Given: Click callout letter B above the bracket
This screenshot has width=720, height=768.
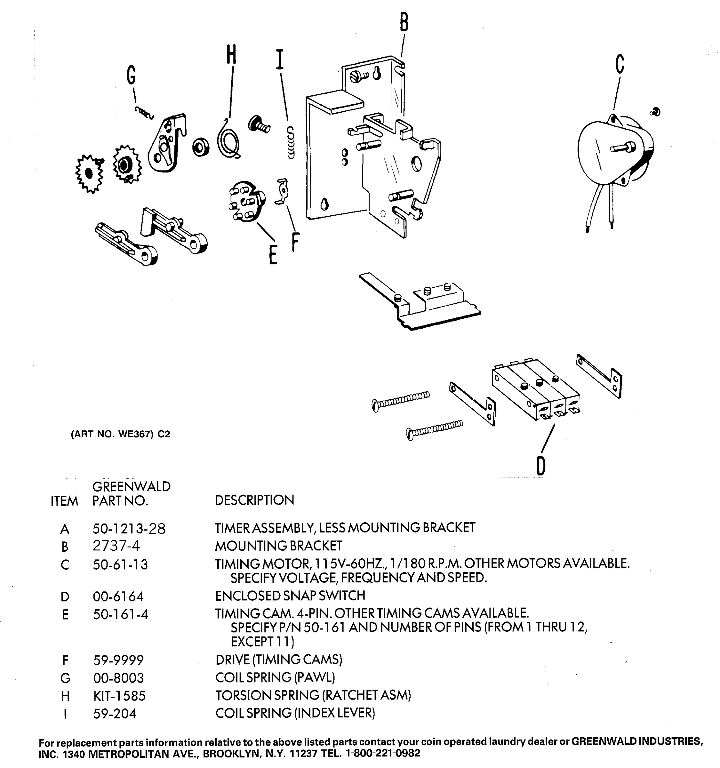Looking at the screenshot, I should point(404,22).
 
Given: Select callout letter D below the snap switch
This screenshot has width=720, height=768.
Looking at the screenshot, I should point(541,466).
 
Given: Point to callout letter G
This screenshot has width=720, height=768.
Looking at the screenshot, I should point(131,75).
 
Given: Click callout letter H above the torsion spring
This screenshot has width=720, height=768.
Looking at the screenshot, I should point(231,54).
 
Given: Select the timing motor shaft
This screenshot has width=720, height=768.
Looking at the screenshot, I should point(622,148).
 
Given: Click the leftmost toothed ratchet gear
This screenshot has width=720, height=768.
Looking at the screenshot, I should point(89,174).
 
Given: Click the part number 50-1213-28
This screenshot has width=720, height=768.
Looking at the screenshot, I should point(129,529).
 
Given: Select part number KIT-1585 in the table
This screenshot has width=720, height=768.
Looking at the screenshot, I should point(119,696).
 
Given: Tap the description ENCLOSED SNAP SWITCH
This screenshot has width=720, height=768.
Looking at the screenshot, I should point(290,596).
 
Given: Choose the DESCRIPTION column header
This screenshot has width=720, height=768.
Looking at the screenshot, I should point(254,500).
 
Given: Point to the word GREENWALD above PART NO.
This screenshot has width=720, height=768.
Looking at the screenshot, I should point(131,486).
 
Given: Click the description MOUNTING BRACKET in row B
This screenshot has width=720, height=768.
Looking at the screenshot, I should point(278,546).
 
